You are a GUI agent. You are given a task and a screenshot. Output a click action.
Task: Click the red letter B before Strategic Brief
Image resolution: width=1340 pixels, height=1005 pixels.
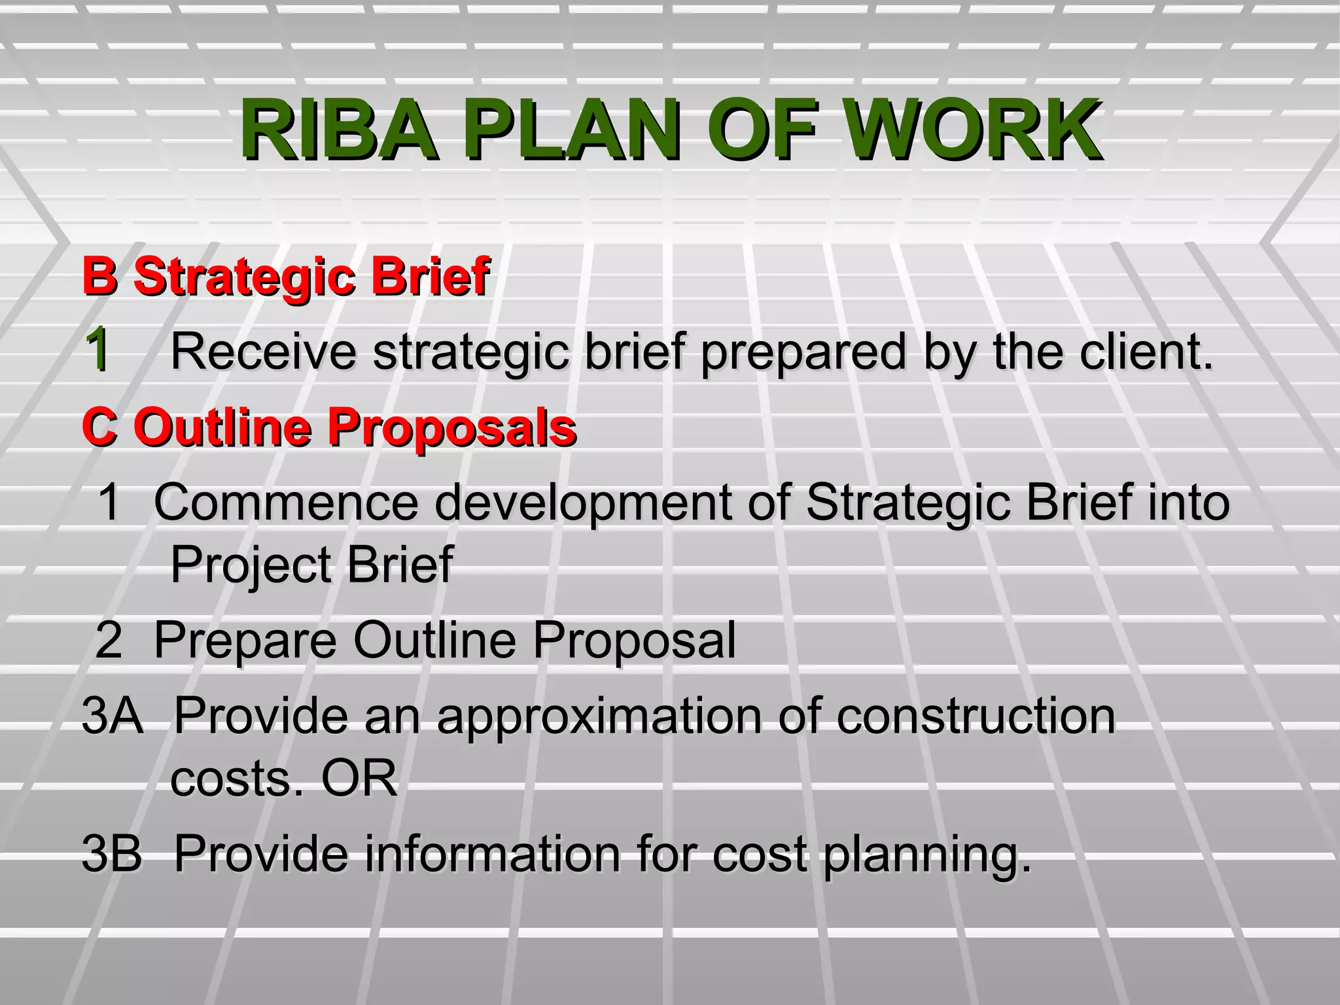(99, 276)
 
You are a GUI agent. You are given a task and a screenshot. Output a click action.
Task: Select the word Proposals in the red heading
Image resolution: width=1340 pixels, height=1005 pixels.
(451, 427)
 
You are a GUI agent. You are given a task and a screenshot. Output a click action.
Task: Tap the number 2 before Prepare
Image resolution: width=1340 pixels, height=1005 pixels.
(109, 640)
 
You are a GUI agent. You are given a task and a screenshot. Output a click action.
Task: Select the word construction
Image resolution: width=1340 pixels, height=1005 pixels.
(975, 715)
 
